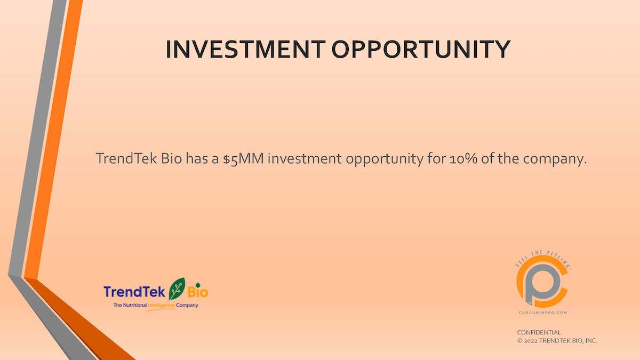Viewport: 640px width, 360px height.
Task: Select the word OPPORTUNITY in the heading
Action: tap(421, 49)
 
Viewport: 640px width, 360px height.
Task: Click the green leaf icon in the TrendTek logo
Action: tap(177, 289)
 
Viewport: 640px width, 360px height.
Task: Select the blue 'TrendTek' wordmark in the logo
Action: tap(135, 292)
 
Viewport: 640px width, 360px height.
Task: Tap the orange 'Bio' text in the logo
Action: tap(198, 292)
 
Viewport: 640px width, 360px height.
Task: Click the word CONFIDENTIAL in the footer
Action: tap(539, 332)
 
